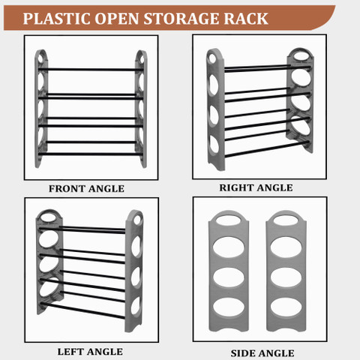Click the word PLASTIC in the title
pyautogui.click(x=56, y=19)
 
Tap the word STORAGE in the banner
pyautogui.click(x=181, y=19)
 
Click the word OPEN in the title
pyautogui.click(x=117, y=19)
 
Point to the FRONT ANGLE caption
pyautogui.click(x=86, y=189)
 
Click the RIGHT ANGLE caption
pyautogui.click(x=256, y=187)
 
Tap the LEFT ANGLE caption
pyautogui.click(x=90, y=352)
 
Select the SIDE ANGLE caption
pyautogui.click(x=262, y=353)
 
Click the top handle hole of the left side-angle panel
pyautogui.click(x=229, y=220)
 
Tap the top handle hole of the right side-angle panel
pyautogui.click(x=286, y=220)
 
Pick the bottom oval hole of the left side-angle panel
pyautogui.click(x=229, y=307)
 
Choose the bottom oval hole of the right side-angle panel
pyautogui.click(x=286, y=307)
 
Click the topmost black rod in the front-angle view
pyautogui.click(x=91, y=69)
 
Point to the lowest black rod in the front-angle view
pyautogui.click(x=91, y=154)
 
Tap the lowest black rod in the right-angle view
pyautogui.click(x=267, y=149)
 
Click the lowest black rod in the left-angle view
pyautogui.click(x=82, y=310)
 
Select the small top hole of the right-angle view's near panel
pyautogui.click(x=212, y=58)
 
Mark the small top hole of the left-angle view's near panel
pyautogui.click(x=137, y=220)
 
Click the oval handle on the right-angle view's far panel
pyautogui.click(x=300, y=56)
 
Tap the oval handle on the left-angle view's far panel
pyautogui.click(x=49, y=217)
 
